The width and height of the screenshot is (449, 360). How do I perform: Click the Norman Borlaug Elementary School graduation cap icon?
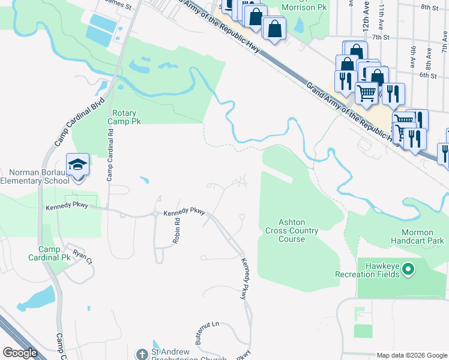[x=77, y=164]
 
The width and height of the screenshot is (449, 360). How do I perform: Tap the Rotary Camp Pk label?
[x=124, y=117]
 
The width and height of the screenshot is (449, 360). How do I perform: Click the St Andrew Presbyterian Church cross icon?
[x=142, y=353]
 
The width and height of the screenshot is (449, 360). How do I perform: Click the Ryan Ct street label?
[x=82, y=257]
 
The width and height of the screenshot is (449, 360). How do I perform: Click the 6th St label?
[x=427, y=76]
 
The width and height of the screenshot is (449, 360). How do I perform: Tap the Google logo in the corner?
[x=20, y=353]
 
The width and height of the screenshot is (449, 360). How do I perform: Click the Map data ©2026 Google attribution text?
[x=411, y=355]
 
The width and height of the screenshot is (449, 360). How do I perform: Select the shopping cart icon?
[x=366, y=93]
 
